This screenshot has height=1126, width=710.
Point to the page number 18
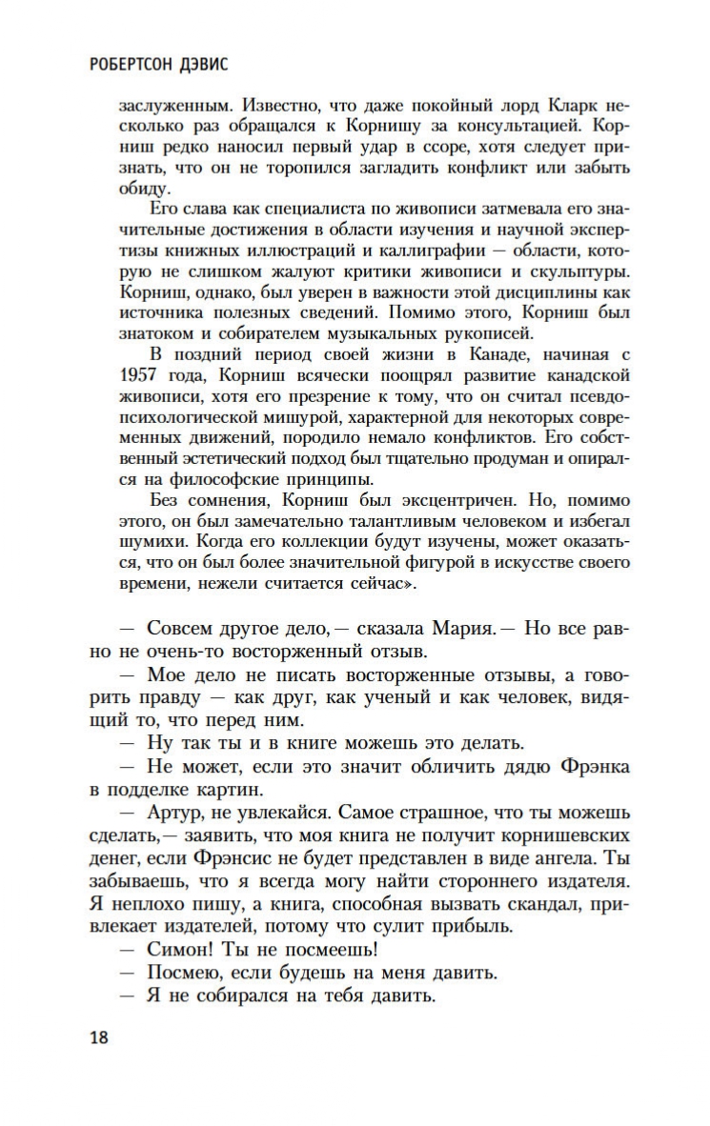(x=99, y=1037)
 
